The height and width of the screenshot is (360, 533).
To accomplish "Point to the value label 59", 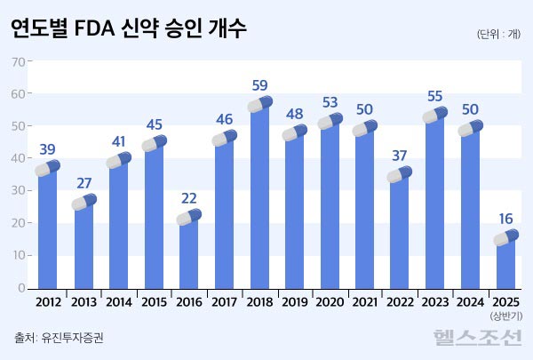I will pos(260,86).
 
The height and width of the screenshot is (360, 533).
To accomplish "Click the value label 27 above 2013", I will pos(84,184).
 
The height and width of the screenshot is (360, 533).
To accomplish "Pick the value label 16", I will pos(505,218).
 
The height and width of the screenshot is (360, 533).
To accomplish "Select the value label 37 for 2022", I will pos(401,156).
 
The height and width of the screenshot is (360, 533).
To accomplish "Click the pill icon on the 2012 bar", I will pos(48,168).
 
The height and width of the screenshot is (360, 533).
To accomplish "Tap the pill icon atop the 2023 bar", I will pos(435,115).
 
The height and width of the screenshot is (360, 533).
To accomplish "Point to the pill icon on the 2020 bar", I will pos(330,122).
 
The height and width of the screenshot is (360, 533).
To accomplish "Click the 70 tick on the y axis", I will pos(18,61).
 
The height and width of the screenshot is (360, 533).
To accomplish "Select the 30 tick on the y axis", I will pos(18,191).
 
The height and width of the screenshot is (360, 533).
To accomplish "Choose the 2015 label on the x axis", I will pos(155,301).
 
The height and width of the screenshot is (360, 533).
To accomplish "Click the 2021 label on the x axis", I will pos(365,301).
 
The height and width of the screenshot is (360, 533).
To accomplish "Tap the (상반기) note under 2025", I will pos(505,316).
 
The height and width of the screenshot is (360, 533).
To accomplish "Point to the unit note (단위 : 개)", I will pos(499,34).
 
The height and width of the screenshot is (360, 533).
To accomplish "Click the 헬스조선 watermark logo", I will pos(478,337).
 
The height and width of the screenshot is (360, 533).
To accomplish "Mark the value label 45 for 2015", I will pos(155,124).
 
